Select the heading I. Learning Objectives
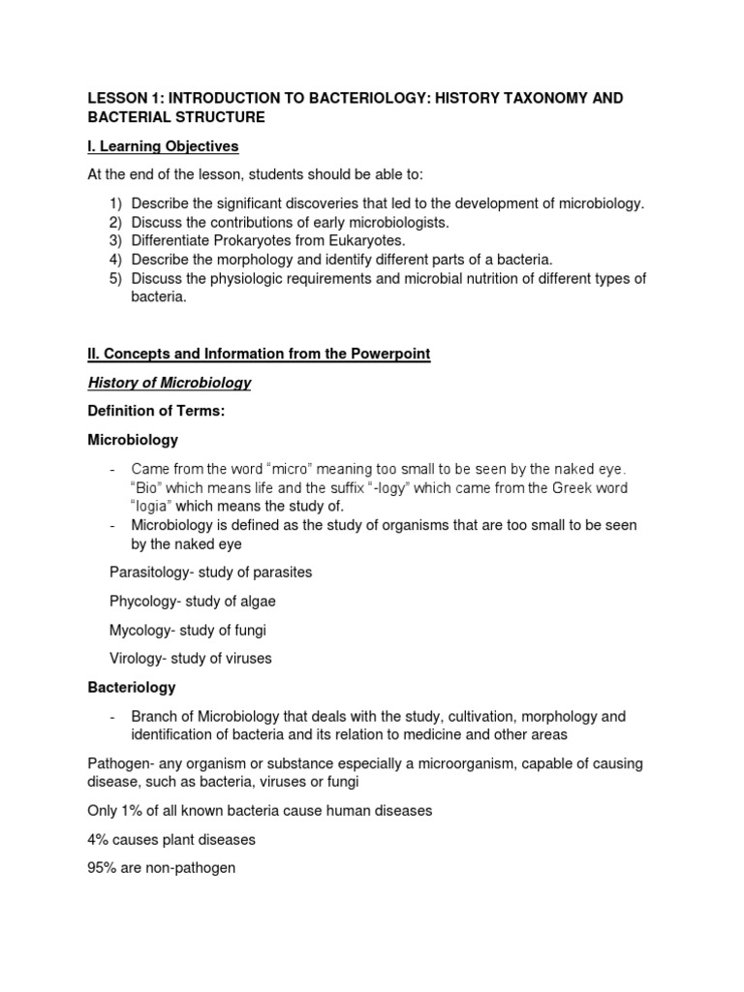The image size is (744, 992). tap(163, 146)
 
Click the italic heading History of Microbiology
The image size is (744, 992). tap(170, 383)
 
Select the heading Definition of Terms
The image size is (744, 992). tap(156, 411)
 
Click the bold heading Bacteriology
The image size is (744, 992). tap(132, 687)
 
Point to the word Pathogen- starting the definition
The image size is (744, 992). tap(120, 763)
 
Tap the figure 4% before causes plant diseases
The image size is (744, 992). tap(100, 839)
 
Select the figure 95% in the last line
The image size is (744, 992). tap(104, 868)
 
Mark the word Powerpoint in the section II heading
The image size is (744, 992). tap(390, 355)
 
